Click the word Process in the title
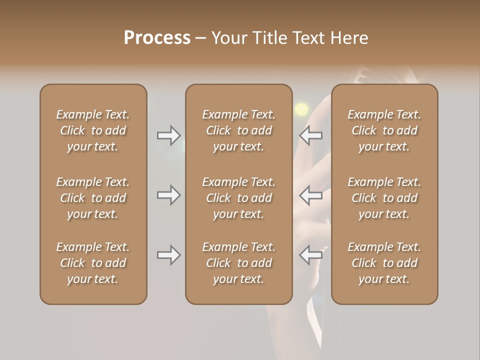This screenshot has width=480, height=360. tap(157, 38)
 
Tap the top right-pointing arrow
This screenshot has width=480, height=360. tap(168, 135)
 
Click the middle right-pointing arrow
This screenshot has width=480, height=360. tap(168, 195)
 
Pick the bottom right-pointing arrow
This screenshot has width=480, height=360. tap(168, 255)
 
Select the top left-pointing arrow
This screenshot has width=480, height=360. tap(311, 135)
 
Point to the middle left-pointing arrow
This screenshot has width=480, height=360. tap(311, 195)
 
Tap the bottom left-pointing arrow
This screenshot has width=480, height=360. tap(311, 255)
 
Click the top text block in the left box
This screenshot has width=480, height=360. tap(93, 130)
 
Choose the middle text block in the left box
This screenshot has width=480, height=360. tap(93, 198)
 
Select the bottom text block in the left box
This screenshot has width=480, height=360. tap(93, 263)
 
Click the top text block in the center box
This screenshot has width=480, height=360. tap(238, 130)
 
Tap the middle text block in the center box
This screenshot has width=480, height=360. tap(238, 198)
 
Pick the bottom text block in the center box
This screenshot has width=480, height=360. tap(238, 263)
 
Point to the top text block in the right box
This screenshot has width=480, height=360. tap(384, 130)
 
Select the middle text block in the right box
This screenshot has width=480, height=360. tap(384, 198)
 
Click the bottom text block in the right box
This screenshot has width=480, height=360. tap(384, 263)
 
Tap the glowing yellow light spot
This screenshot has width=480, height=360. tap(301, 108)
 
